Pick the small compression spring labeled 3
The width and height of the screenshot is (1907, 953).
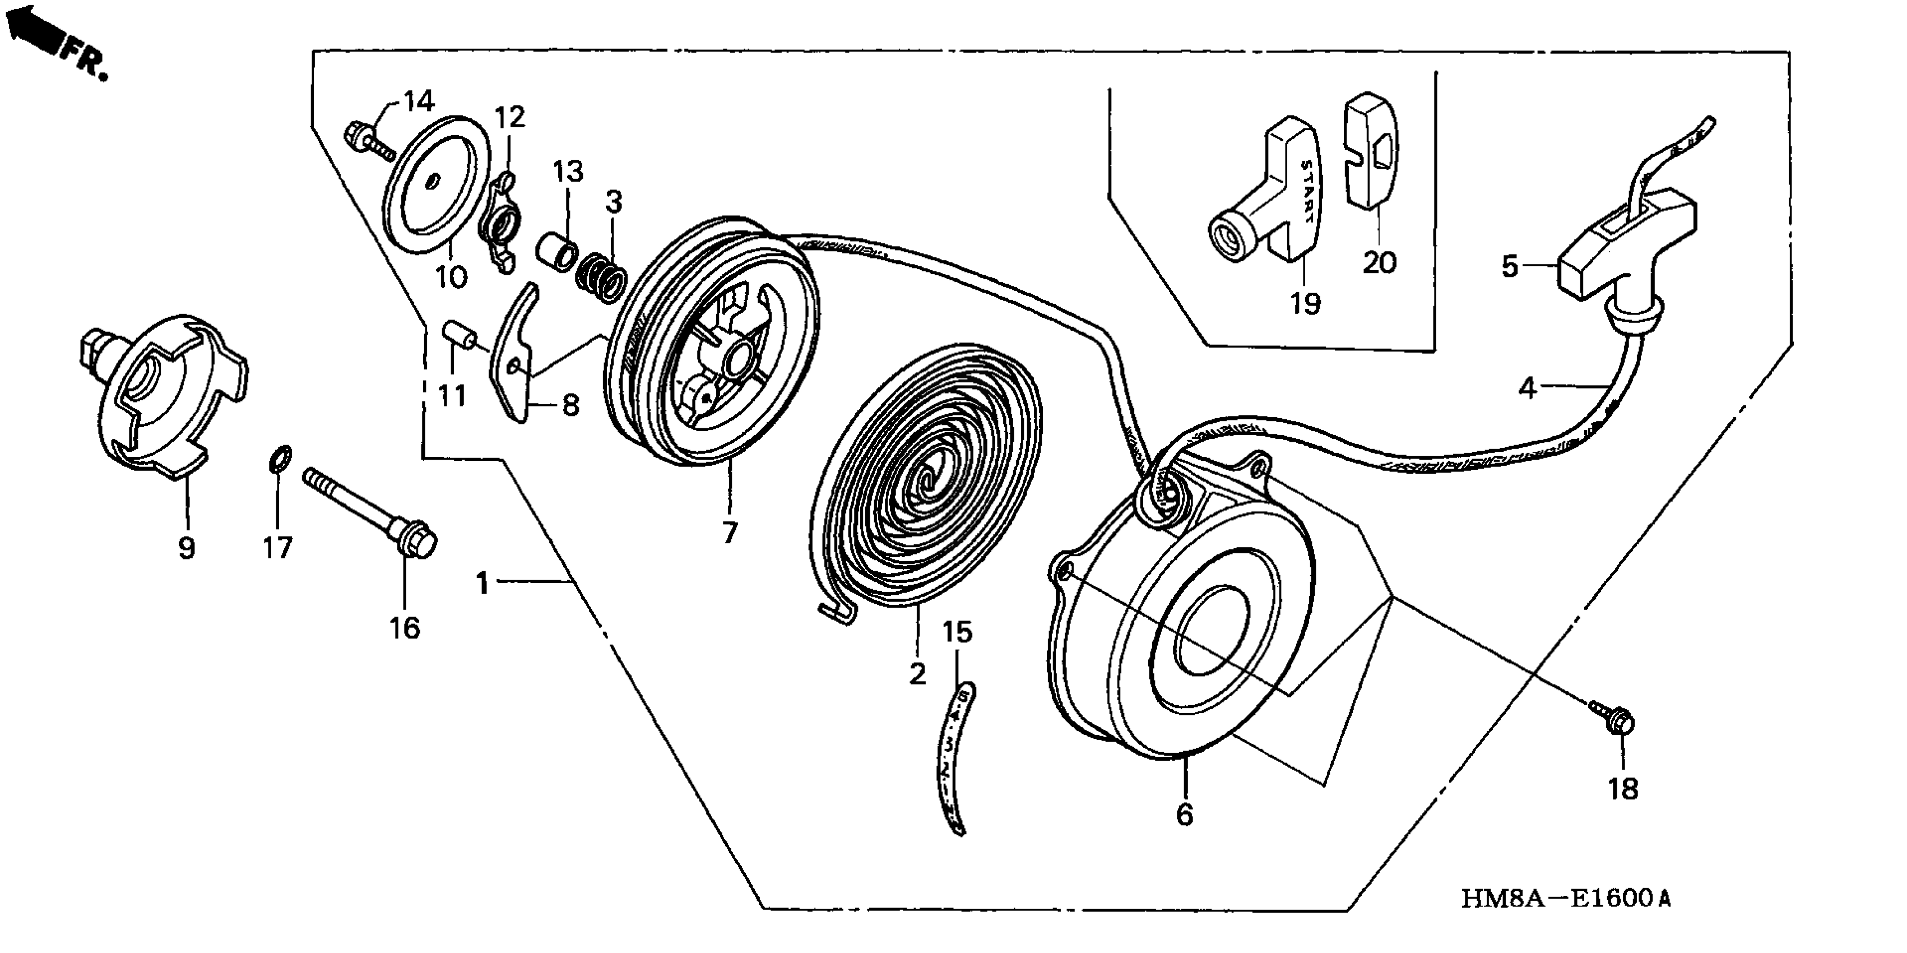pyautogui.click(x=602, y=277)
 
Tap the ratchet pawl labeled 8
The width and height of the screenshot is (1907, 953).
pyautogui.click(x=519, y=355)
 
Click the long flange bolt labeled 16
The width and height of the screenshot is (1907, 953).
pyautogui.click(x=370, y=511)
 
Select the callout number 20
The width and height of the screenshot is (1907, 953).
pyautogui.click(x=1379, y=262)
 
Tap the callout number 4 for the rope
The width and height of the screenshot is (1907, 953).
pyautogui.click(x=1528, y=387)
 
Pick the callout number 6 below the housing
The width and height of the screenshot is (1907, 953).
pyautogui.click(x=1185, y=815)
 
